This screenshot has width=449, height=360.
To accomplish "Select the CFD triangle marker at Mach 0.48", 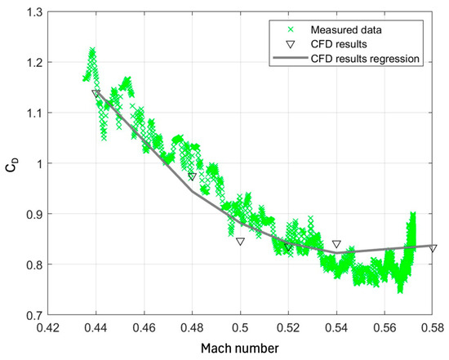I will (193, 176).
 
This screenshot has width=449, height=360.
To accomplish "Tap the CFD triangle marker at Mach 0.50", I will (241, 241).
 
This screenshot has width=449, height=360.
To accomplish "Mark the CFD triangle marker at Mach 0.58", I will (433, 248).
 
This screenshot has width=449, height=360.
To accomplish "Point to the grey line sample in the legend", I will (287, 58).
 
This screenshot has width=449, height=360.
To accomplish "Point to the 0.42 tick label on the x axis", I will (48, 327).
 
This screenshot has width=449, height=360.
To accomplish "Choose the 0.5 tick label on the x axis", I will (241, 327).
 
